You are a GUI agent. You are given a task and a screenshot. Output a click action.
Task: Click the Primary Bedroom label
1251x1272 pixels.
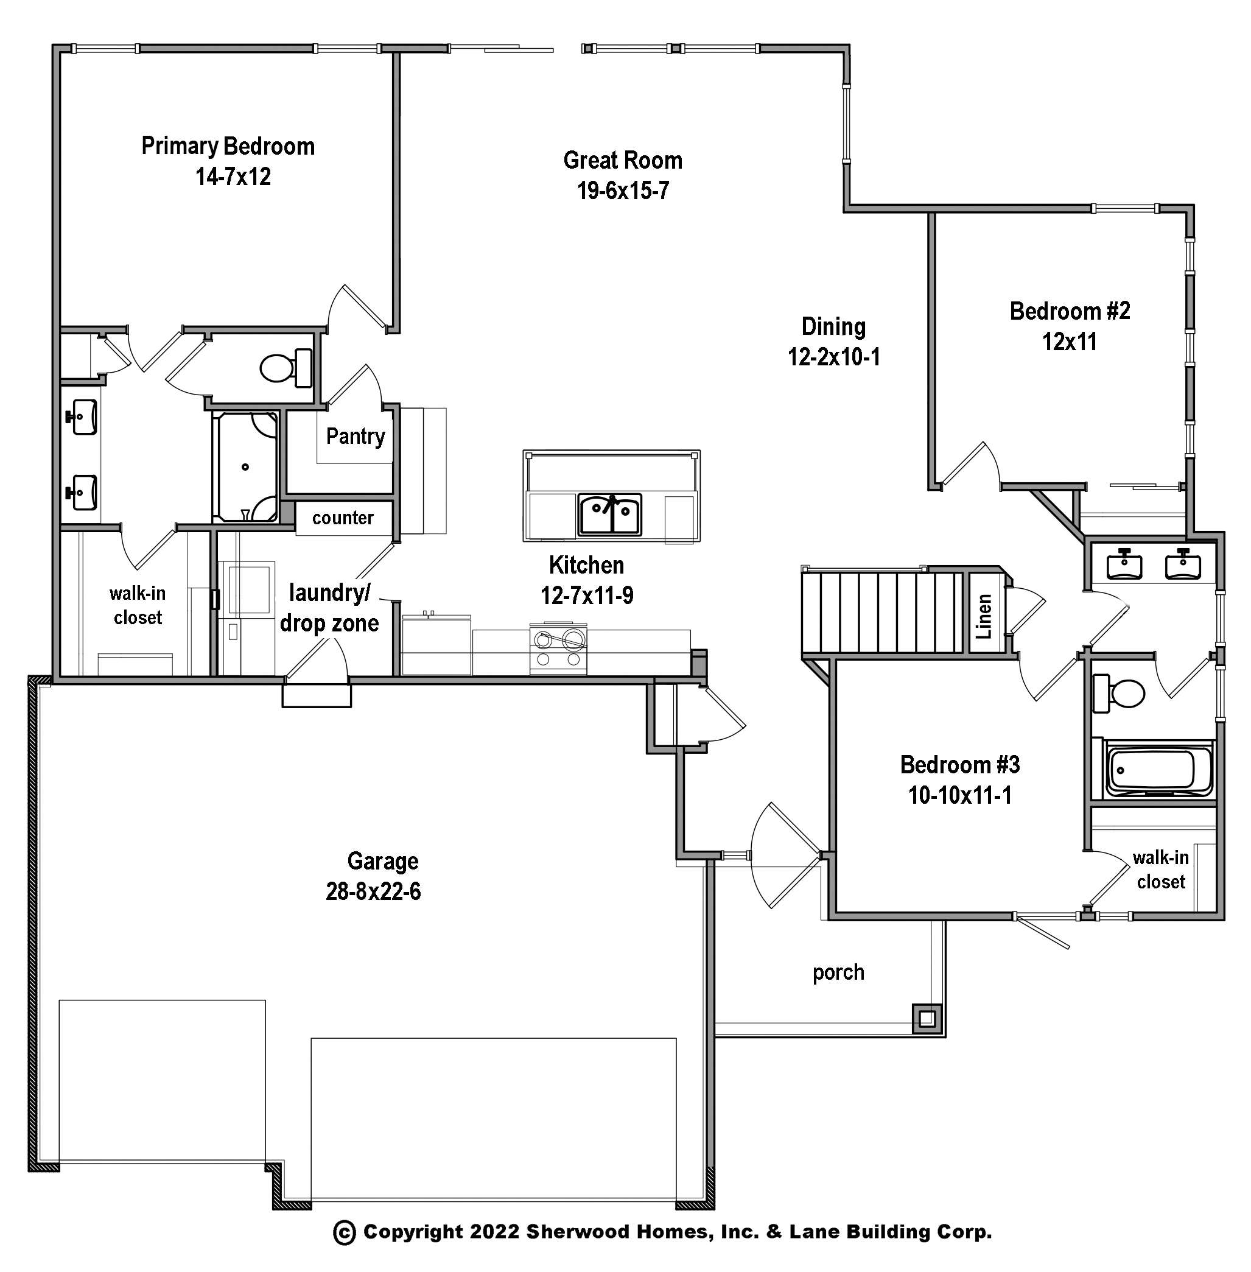228,146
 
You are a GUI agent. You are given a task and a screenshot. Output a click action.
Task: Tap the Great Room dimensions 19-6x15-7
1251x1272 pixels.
623,191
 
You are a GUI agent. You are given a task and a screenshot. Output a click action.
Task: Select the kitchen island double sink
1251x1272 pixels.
610,515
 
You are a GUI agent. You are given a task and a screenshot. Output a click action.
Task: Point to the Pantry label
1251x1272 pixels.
356,436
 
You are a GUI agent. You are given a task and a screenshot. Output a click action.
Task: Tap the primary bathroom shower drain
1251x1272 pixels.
245,467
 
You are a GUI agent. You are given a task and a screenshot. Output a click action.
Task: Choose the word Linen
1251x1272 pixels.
984,616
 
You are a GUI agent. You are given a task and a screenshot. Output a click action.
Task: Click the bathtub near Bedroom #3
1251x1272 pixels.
1152,771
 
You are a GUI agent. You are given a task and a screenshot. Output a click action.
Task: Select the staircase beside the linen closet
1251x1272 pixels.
881,613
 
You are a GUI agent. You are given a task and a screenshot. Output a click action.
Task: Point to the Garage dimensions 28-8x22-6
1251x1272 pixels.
373,891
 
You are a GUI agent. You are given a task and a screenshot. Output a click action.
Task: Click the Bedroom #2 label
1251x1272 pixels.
1070,311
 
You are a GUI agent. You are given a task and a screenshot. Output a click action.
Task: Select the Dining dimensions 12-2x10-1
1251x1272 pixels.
834,357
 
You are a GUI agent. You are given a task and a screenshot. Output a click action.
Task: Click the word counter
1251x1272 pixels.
343,518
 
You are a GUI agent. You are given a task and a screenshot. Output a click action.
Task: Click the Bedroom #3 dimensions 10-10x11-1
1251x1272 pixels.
960,796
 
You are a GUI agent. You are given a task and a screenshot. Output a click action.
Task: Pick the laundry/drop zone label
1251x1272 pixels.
329,608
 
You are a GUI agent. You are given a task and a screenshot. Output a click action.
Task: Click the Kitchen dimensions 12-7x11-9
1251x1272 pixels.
587,596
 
